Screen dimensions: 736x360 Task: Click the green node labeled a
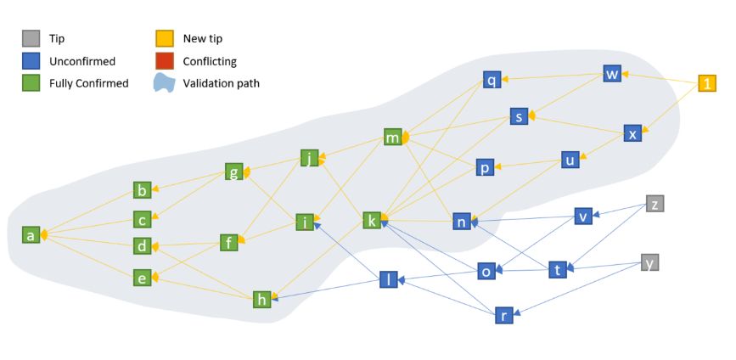pyautogui.click(x=31, y=234)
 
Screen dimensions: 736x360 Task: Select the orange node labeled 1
pyautogui.click(x=707, y=83)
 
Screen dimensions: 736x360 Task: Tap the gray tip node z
pyautogui.click(x=655, y=204)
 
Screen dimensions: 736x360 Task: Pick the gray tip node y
pyautogui.click(x=650, y=262)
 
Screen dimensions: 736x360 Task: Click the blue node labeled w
pyautogui.click(x=612, y=74)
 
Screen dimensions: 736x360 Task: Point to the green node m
pyautogui.click(x=392, y=137)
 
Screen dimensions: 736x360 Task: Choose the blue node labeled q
pyautogui.click(x=492, y=80)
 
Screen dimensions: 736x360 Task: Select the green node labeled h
pyautogui.click(x=262, y=300)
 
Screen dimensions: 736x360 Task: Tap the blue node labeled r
pyautogui.click(x=504, y=315)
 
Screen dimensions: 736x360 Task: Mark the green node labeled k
pyautogui.click(x=372, y=220)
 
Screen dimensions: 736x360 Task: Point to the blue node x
pyautogui.click(x=632, y=133)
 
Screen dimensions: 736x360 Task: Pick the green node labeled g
pyautogui.click(x=233, y=172)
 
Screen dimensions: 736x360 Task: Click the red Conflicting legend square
pyautogui.click(x=165, y=61)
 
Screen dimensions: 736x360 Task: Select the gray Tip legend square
pyautogui.click(x=31, y=38)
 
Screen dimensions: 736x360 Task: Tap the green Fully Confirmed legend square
pyautogui.click(x=31, y=82)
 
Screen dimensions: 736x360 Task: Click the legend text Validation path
pyautogui.click(x=221, y=83)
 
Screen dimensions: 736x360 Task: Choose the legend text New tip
pyautogui.click(x=203, y=39)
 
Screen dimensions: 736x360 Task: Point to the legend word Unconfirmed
pyautogui.click(x=82, y=61)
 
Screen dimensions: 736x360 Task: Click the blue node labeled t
pyautogui.click(x=558, y=269)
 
